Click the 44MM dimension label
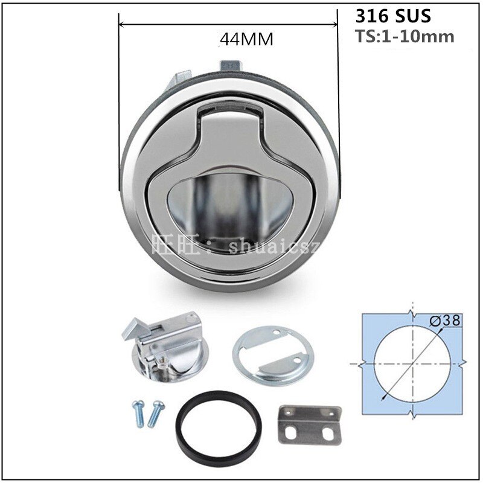pyautogui.click(x=246, y=40)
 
